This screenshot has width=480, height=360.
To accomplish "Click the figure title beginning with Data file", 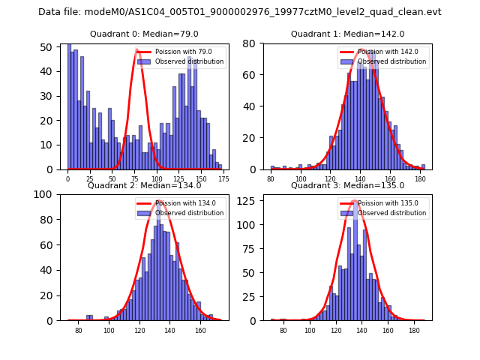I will point(240,12).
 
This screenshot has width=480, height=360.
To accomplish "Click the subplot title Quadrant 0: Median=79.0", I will point(144,34).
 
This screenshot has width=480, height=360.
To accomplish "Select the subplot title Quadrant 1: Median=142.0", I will point(347,34).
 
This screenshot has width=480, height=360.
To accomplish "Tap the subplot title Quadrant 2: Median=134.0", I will point(144,186).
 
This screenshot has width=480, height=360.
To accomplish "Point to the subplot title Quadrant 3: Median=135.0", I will point(347,186).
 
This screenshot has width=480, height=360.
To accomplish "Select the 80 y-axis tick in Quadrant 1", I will point(255,44).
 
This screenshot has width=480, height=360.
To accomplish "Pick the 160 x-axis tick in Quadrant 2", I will point(200,331).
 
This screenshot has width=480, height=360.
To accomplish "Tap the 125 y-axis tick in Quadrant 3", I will point(252,200).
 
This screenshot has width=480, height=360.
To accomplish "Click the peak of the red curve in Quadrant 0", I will point(139,49).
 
